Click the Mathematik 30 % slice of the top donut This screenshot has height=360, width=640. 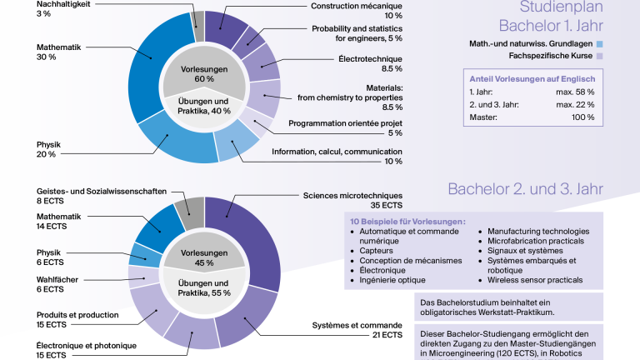(x=147, y=65)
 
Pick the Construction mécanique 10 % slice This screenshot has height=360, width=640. (x=223, y=27)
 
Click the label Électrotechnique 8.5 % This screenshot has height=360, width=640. (x=370, y=63)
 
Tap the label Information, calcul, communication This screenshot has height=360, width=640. (x=337, y=152)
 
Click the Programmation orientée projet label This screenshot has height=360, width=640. (x=345, y=123)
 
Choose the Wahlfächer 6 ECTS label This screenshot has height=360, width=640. (x=57, y=284)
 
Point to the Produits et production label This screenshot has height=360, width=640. (x=77, y=315)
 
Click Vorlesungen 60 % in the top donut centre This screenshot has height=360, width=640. (x=204, y=74)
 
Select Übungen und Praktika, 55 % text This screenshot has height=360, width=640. (x=203, y=288)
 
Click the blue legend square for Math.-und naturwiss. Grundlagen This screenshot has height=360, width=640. (x=599, y=44)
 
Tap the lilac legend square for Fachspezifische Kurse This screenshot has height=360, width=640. (x=599, y=56)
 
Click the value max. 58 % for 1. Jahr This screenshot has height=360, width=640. (x=575, y=92)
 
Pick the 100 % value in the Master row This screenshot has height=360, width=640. (x=582, y=117)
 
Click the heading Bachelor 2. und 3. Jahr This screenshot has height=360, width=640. (x=525, y=189)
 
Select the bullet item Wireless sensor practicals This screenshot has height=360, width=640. (x=535, y=280)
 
